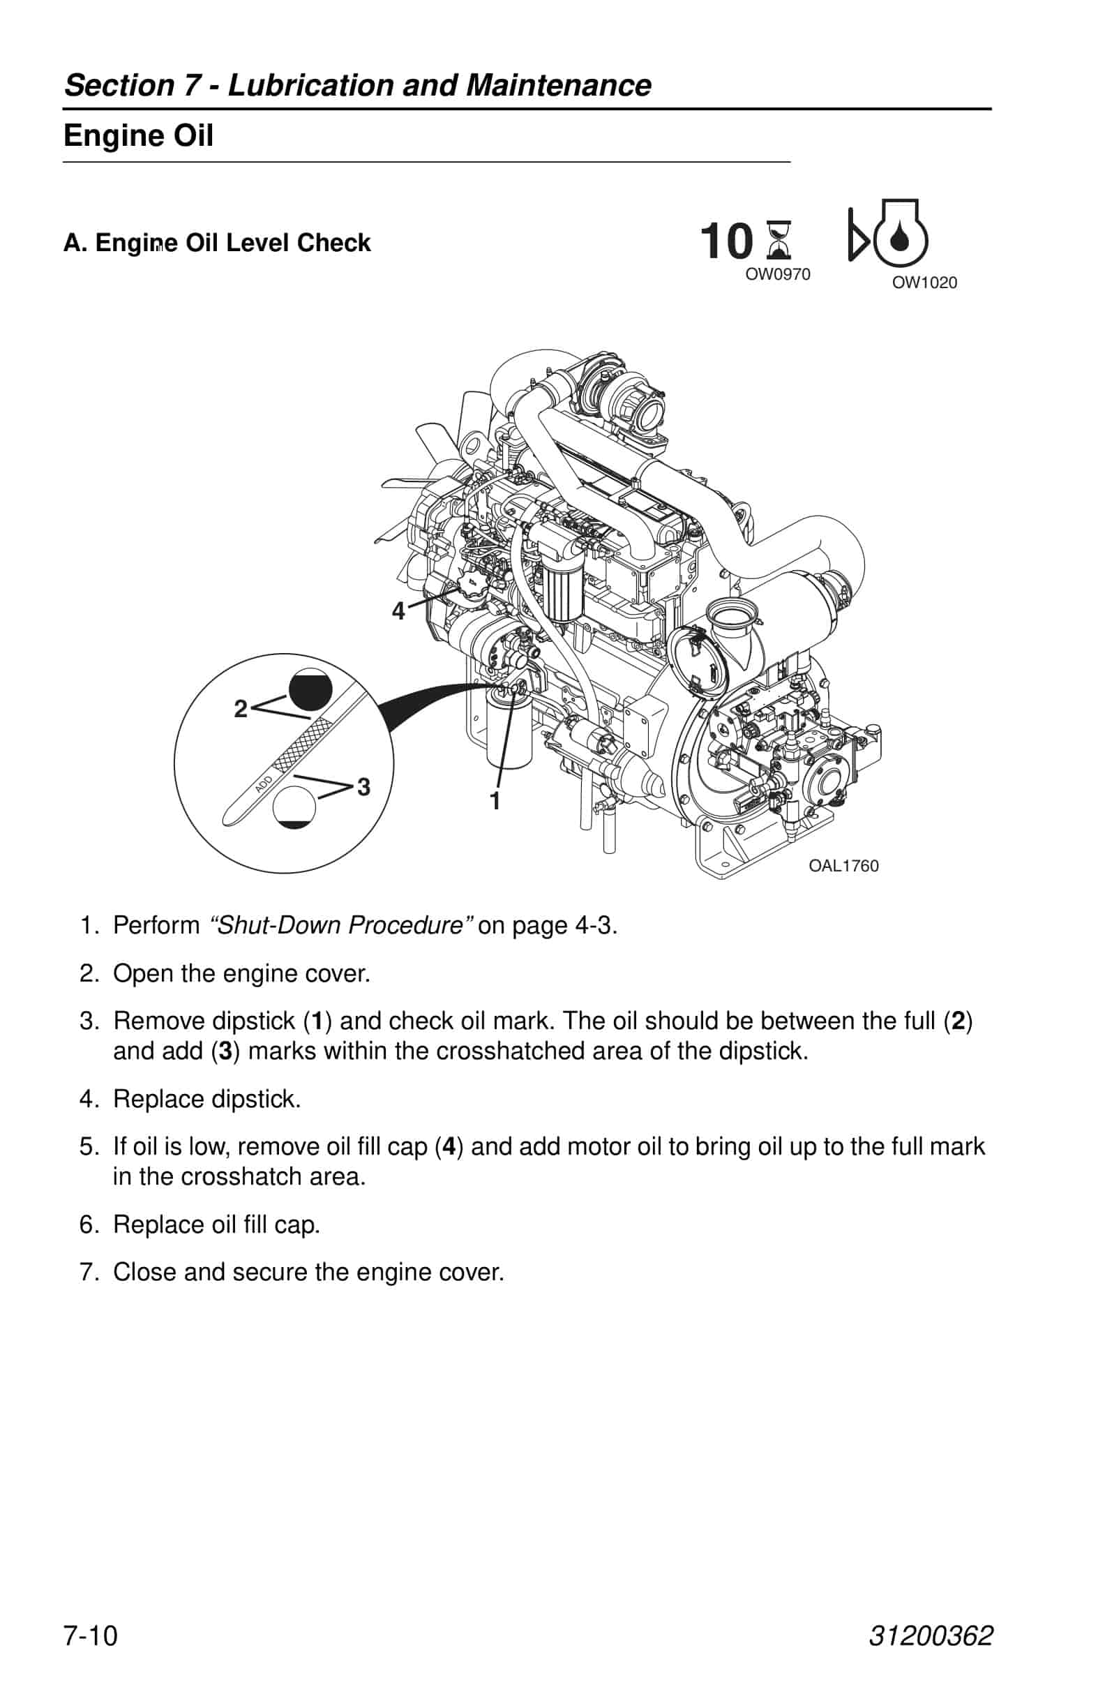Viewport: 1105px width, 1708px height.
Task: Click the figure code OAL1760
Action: point(843,865)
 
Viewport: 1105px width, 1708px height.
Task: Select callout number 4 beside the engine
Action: point(398,611)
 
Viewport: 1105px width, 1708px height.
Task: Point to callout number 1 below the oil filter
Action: point(495,801)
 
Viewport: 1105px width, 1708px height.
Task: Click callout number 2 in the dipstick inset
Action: point(241,709)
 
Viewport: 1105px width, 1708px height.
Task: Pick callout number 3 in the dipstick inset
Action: point(363,786)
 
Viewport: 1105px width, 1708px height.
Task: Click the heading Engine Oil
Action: point(139,135)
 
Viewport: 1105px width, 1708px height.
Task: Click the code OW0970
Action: point(778,274)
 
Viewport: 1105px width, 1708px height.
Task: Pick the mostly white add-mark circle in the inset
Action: point(294,807)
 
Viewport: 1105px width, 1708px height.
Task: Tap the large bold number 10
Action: point(726,241)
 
